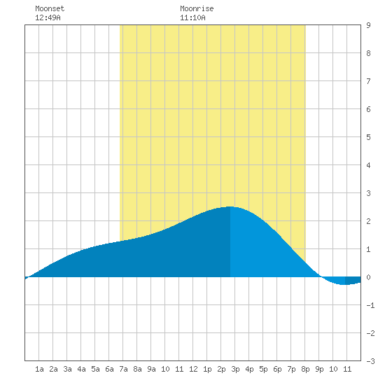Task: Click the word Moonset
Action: click(x=50, y=8)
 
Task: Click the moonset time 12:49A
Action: click(x=48, y=17)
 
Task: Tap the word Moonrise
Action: click(x=197, y=8)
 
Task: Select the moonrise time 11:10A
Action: click(x=192, y=17)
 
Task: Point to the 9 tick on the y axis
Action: click(x=368, y=25)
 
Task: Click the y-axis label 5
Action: click(x=368, y=137)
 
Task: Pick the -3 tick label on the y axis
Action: click(x=370, y=361)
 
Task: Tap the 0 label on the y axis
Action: click(x=368, y=277)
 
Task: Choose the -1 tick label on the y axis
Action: click(x=370, y=305)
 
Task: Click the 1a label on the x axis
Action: click(x=39, y=369)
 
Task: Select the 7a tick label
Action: click(x=123, y=369)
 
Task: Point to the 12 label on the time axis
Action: click(x=193, y=369)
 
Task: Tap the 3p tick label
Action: click(x=235, y=369)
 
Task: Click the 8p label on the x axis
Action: click(x=305, y=369)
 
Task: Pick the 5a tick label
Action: click(x=95, y=369)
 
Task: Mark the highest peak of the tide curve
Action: click(x=230, y=206)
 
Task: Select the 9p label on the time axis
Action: click(x=319, y=369)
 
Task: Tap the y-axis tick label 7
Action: click(x=368, y=81)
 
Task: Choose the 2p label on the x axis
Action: click(x=221, y=369)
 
